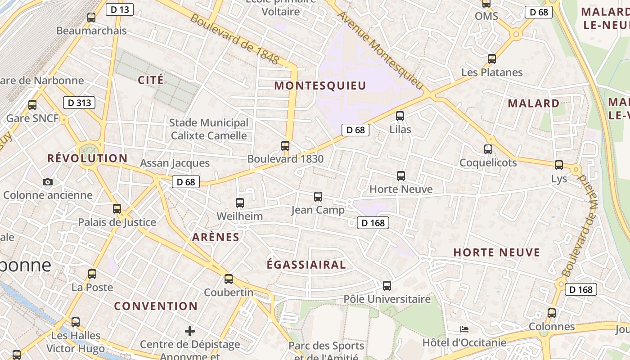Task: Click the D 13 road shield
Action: point(120,9)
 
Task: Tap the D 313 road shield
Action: point(79,103)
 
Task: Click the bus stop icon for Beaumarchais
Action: point(91,18)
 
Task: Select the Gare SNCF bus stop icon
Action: point(32,105)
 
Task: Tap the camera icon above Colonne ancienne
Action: point(47,182)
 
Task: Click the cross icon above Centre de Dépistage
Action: point(190,331)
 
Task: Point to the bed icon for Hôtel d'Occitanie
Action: point(464,329)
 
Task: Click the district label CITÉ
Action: point(151,80)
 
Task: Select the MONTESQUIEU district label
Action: point(320,85)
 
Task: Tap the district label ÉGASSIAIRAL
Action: point(306,265)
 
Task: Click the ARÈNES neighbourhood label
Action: point(216,237)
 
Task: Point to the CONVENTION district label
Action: point(156,306)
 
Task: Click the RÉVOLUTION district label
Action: point(87,158)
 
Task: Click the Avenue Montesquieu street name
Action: point(381,49)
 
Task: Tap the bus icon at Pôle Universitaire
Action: point(387,285)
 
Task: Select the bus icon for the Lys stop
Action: point(559,165)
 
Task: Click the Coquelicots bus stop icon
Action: point(488,149)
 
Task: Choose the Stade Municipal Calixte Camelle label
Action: point(209,129)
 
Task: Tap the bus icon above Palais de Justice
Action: point(117,208)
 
